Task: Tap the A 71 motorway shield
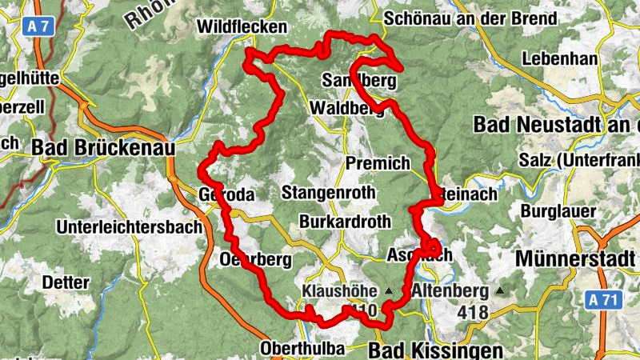(602, 300)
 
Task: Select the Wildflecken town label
(241, 27)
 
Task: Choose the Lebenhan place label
(559, 58)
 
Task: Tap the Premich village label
(378, 163)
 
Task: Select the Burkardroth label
(345, 222)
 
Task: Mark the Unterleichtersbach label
(129, 227)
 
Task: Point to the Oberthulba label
(302, 349)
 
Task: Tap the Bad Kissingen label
(436, 350)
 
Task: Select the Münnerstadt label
(577, 259)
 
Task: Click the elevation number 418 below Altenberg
(474, 312)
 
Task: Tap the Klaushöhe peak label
(340, 291)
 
